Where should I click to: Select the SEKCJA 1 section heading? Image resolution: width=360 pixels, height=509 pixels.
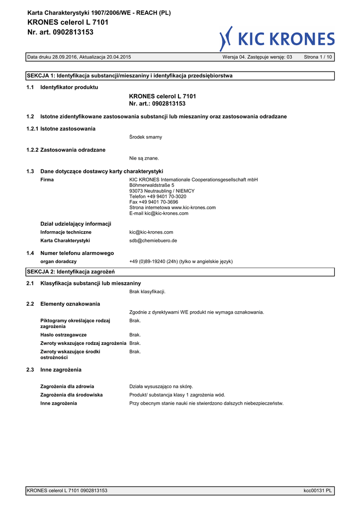pos(129,76)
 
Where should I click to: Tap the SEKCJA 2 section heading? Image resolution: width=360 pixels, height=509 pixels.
pos(71,272)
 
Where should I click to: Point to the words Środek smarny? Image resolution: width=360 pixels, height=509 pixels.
pos(145,137)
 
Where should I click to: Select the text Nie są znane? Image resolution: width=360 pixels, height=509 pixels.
pos(144,158)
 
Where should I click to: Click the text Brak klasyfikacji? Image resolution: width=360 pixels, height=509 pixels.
pos(147,291)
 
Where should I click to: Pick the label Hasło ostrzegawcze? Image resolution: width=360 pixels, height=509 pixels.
pos(64,335)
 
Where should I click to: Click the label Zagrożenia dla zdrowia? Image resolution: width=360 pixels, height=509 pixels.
pos(67,386)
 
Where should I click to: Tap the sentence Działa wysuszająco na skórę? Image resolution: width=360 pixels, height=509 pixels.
pos(161,386)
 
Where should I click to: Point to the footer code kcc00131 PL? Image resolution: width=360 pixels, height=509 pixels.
pos(318,491)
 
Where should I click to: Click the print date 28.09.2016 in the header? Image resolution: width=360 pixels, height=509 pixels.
pos(62,57)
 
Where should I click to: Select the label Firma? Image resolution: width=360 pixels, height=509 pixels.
pos(47,179)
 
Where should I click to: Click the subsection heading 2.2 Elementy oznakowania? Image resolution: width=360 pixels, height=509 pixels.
pos(63,304)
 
